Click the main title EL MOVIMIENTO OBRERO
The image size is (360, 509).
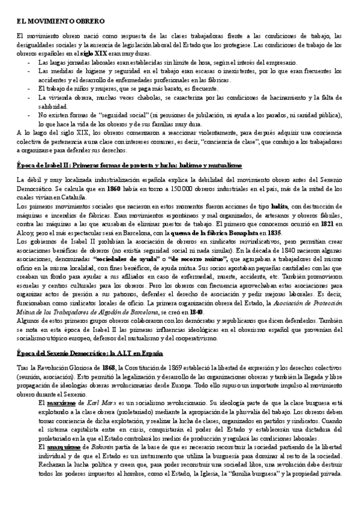click(x=52, y=20)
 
